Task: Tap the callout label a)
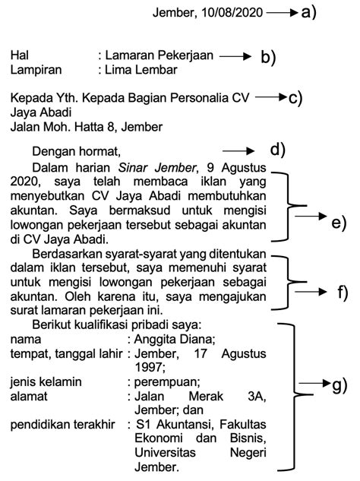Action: [x=308, y=11]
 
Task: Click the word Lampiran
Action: [x=36, y=71]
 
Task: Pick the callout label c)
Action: [x=295, y=98]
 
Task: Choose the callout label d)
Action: [x=277, y=150]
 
